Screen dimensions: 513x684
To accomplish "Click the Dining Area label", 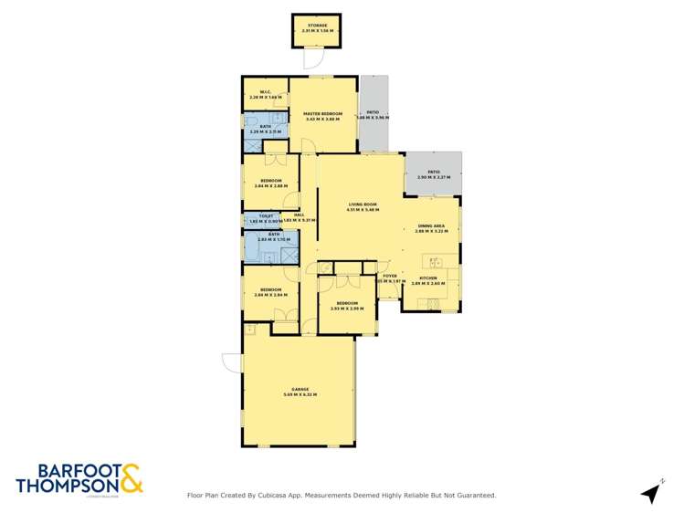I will [x=431, y=228].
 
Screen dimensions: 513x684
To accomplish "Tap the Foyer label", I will [x=390, y=276].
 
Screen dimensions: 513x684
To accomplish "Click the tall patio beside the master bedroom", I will [x=373, y=114].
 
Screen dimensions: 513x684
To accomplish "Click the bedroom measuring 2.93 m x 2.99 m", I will [x=346, y=306].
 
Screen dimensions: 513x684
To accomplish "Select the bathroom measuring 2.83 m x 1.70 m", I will [x=271, y=244].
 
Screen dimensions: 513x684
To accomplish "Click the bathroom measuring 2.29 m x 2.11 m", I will [x=266, y=129].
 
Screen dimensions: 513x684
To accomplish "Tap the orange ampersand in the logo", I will [x=130, y=479].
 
